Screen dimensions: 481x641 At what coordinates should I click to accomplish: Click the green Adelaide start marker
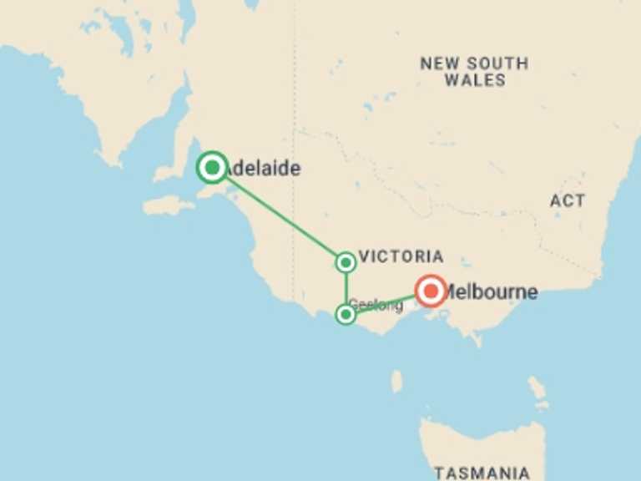coord(213,168)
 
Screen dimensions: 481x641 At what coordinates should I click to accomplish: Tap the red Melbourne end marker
coord(432,291)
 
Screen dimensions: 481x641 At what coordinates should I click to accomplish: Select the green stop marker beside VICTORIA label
coord(346,262)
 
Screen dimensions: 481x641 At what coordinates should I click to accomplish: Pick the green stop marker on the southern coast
coord(346,314)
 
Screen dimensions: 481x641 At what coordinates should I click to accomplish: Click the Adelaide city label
coord(263,169)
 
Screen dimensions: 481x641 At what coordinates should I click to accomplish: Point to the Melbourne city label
coord(492,293)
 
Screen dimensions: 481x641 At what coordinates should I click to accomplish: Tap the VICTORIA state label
coord(400,256)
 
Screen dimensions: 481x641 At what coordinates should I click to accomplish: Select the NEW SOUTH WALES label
coord(474,72)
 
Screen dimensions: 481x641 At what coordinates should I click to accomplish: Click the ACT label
coord(567,200)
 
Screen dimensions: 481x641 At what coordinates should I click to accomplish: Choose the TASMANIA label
coord(482,472)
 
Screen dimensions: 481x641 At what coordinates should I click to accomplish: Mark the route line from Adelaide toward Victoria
coord(280,215)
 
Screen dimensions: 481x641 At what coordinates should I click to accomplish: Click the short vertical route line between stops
coord(346,288)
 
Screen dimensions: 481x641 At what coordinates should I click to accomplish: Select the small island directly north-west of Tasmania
coord(396,382)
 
